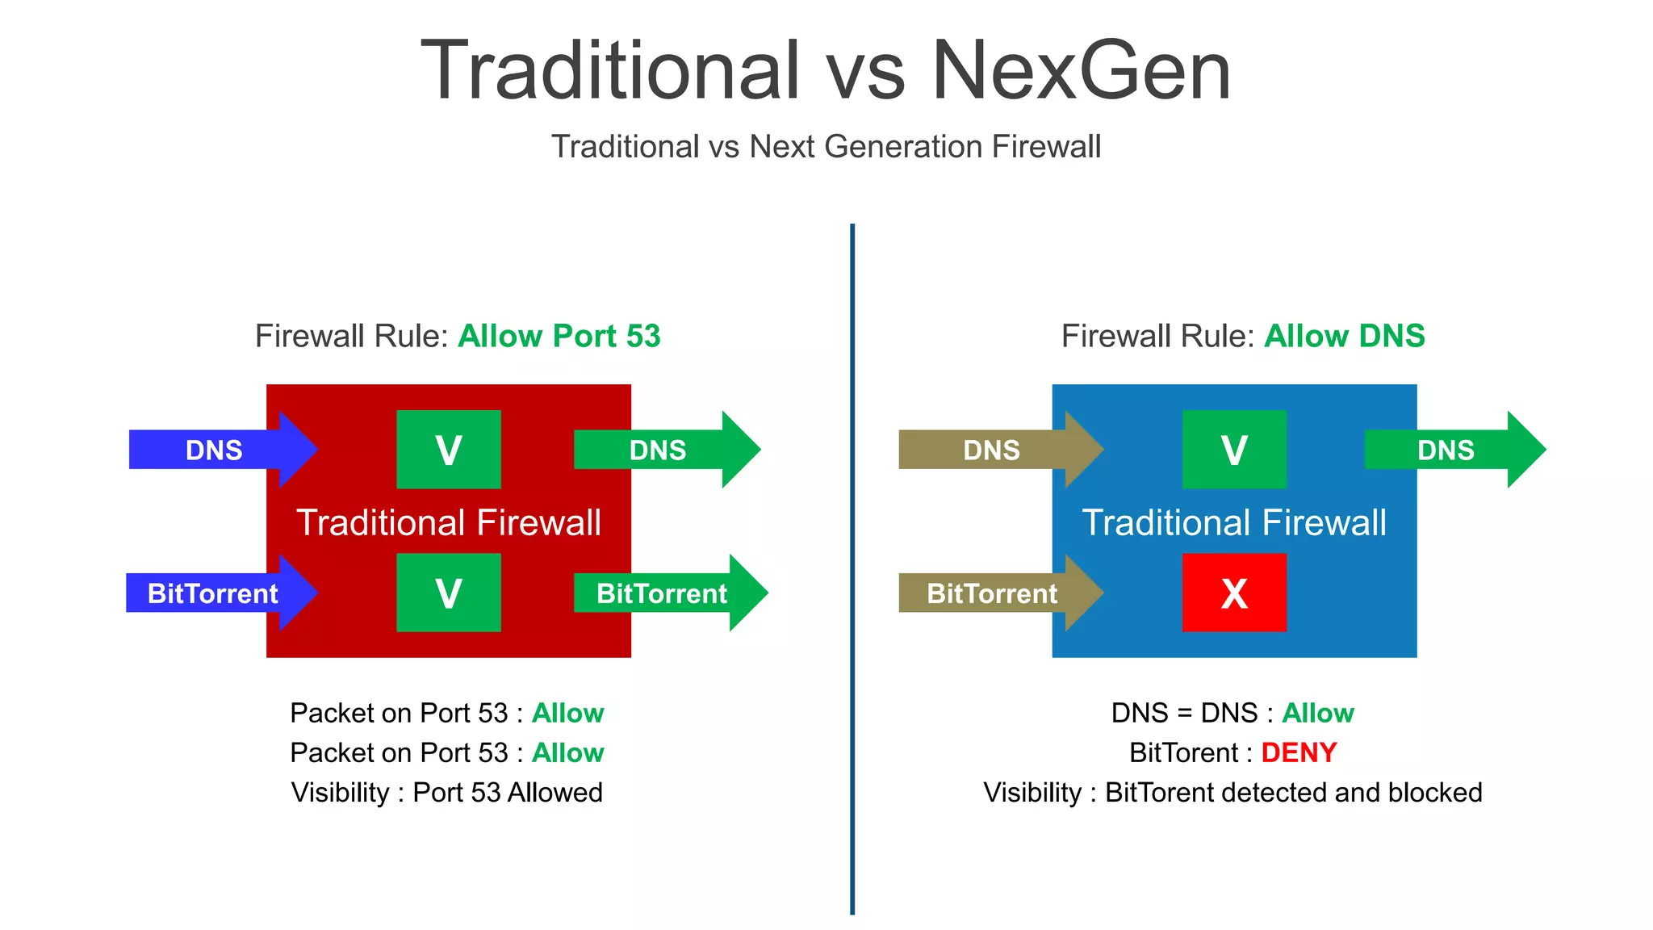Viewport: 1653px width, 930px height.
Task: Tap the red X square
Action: [1234, 593]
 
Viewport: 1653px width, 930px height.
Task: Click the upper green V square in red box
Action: [449, 450]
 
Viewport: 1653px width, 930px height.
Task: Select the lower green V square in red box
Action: [449, 593]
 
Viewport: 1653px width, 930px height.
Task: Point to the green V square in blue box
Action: [1234, 450]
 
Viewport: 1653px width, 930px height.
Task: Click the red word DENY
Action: [1299, 752]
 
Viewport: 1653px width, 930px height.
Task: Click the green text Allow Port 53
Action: [559, 336]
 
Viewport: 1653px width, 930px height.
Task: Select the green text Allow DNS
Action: [1344, 336]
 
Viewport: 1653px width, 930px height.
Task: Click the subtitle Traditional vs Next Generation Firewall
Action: [826, 147]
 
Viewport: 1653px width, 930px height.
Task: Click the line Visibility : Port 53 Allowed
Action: [447, 792]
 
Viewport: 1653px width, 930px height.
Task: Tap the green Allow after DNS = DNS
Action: [1317, 713]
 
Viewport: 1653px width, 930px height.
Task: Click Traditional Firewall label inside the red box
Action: [449, 522]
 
